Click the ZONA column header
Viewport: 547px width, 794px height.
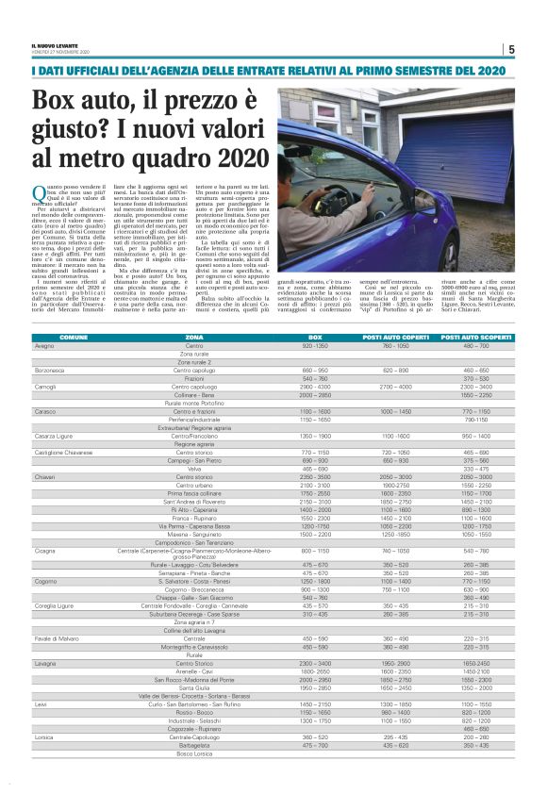tap(194, 337)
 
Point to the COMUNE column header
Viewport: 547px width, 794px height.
tap(75, 337)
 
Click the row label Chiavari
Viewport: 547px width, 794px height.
tap(44, 477)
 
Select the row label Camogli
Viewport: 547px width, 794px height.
tap(45, 387)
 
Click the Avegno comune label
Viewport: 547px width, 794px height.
tap(44, 346)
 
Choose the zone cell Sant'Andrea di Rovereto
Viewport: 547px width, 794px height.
tap(194, 501)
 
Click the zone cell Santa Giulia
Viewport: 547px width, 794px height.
tap(194, 688)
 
